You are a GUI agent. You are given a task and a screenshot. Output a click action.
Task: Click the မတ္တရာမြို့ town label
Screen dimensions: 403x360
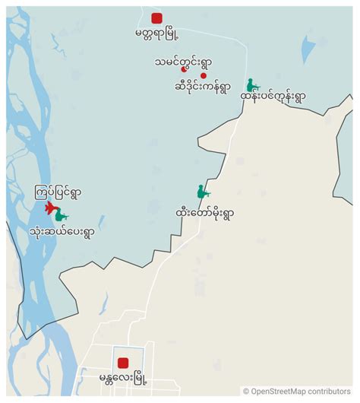pos(157,33)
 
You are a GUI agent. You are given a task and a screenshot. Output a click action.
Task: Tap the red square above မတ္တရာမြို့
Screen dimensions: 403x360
pos(156,18)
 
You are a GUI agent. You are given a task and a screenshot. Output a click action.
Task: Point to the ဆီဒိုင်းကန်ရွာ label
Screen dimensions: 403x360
pos(202,86)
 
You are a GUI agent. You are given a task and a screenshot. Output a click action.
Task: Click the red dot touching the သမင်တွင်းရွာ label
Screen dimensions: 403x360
pos(183,69)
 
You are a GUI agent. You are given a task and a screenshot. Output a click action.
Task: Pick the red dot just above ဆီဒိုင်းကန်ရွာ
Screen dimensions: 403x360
pos(203,76)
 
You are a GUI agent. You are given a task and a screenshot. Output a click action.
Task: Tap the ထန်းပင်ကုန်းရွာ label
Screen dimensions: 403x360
pos(272,97)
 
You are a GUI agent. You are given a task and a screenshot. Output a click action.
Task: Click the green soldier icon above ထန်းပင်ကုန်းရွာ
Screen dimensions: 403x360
pos(251,85)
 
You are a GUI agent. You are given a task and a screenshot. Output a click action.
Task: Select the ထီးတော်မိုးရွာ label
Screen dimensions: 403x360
pos(204,214)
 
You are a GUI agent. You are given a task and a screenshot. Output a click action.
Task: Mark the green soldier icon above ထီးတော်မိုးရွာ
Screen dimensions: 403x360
pos(202,193)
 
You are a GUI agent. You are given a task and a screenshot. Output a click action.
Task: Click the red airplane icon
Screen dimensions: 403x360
pos(50,208)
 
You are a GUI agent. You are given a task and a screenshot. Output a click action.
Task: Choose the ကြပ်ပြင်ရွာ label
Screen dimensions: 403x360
pos(56,192)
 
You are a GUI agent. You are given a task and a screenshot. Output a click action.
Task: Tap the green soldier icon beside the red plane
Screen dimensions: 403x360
pos(61,215)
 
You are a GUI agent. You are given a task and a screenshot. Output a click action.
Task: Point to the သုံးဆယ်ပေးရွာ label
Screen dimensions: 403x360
pos(62,230)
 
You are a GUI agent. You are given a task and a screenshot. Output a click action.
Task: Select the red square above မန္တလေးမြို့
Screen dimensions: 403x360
pos(123,363)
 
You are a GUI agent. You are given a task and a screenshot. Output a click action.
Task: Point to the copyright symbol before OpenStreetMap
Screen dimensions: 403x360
pos(245,392)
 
